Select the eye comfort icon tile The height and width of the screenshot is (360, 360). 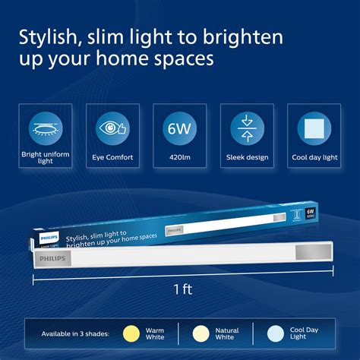pos(113,127)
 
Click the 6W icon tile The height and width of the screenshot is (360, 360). pos(178,127)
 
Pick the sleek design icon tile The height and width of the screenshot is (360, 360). pos(246,127)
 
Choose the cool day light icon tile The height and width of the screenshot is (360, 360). pos(312,127)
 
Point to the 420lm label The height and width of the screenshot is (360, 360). pos(179,157)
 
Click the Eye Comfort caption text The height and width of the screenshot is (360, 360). pos(113,157)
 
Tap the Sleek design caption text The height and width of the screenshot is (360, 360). pos(246,157)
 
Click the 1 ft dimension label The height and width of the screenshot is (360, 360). pos(182,289)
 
